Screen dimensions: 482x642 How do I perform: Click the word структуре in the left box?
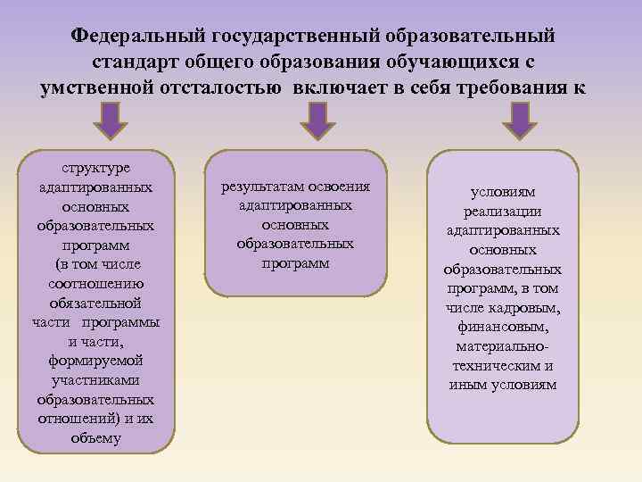(95, 168)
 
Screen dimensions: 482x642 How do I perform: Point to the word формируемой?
(95, 360)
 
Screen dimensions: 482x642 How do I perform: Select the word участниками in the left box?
(95, 379)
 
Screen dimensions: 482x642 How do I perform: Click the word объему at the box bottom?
(95, 438)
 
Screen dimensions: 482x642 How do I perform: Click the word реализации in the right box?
(503, 211)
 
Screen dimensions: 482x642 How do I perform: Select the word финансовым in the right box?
(503, 327)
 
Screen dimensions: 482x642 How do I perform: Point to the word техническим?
(497, 365)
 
